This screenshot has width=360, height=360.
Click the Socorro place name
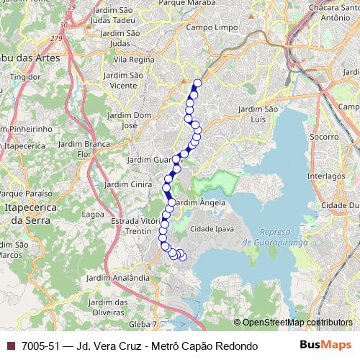coord(323,136)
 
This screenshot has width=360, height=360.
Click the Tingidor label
coord(25,76)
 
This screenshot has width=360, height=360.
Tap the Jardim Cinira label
coord(127,184)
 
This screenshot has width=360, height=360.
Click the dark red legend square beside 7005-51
coord(10,346)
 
